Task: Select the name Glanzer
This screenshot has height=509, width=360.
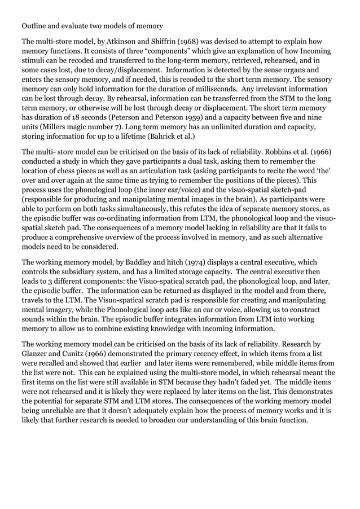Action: [x=38, y=354]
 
